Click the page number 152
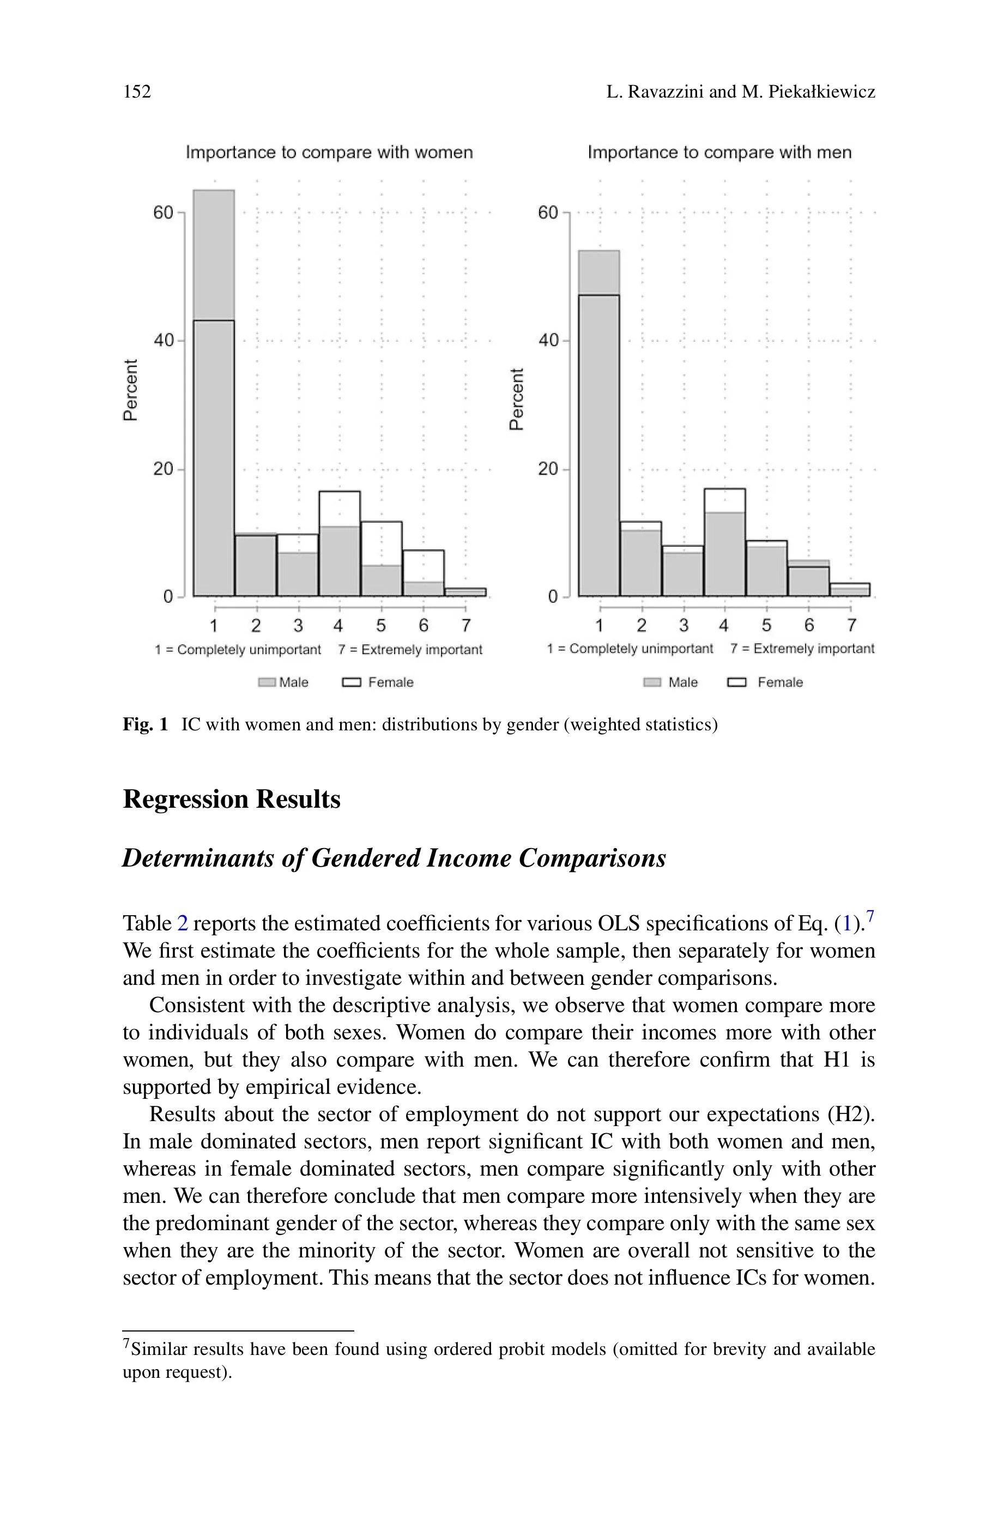point(137,92)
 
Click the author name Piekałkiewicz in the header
point(822,92)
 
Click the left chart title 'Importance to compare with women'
point(329,153)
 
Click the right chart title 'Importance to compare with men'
point(719,153)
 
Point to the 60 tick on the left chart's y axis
point(164,213)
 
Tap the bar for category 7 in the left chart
point(465,592)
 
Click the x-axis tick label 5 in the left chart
point(380,626)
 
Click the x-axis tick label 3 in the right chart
point(683,626)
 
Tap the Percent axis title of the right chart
point(517,399)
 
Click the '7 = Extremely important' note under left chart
point(410,650)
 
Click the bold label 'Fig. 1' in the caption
point(145,725)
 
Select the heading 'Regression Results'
point(231,799)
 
